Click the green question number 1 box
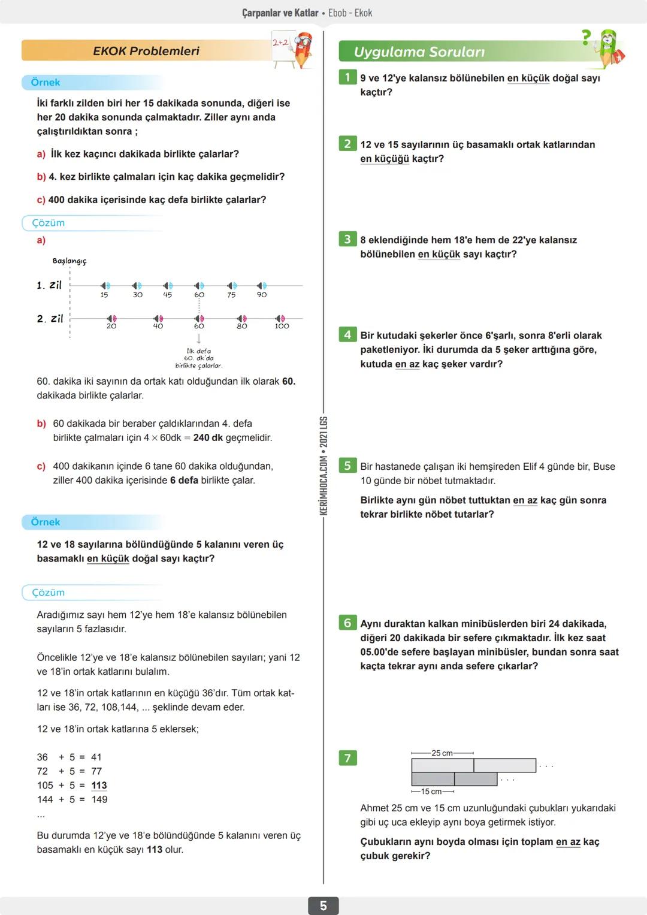click(347, 77)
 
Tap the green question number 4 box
click(347, 334)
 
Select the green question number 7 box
click(347, 758)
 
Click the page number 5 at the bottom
click(323, 905)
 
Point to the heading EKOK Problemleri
click(146, 51)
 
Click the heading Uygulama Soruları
click(419, 52)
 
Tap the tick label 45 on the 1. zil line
click(168, 295)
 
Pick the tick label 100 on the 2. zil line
click(282, 327)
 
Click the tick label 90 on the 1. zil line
click(262, 295)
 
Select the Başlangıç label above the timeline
click(69, 261)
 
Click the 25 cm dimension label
click(442, 753)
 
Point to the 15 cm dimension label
click(431, 792)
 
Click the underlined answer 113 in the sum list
click(99, 786)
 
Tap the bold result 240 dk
click(208, 438)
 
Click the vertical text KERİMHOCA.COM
click(323, 486)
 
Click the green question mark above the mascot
click(586, 37)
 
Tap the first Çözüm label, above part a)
click(48, 223)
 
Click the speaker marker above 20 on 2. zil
click(111, 318)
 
